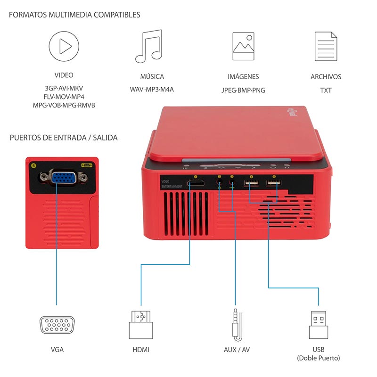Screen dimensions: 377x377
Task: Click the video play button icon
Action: [x=64, y=46]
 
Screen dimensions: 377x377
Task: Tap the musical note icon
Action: [x=149, y=47]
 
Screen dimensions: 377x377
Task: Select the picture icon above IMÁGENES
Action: [x=243, y=46]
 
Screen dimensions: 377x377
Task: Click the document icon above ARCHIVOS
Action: [x=326, y=46]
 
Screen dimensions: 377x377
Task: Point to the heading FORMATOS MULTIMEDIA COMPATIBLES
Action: [x=74, y=15]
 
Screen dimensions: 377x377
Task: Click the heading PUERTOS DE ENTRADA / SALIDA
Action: [x=64, y=138]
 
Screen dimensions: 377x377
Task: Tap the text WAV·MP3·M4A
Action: [x=152, y=89]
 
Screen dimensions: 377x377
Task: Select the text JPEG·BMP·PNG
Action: [x=243, y=90]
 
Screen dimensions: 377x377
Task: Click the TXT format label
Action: [x=326, y=90]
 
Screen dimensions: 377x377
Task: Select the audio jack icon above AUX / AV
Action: [x=236, y=323]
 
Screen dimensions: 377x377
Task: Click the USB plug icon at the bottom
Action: [x=319, y=324]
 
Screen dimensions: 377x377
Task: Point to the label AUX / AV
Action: [x=236, y=350]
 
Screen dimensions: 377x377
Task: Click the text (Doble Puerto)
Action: [x=319, y=358]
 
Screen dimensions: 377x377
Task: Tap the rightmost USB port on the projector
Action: [x=272, y=183]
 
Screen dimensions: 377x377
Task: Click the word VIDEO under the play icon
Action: [x=64, y=75]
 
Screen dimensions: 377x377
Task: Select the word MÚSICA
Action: [x=152, y=76]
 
